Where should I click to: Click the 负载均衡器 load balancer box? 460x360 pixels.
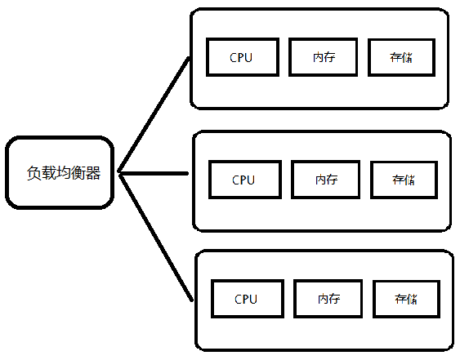(60, 173)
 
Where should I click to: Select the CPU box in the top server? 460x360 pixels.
(243, 57)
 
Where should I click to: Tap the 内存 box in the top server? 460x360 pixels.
(323, 57)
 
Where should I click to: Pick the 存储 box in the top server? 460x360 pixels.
(401, 57)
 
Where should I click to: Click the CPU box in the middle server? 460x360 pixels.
(245, 180)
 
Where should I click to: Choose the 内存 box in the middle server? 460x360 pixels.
(325, 180)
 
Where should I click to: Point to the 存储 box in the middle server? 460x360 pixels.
(404, 180)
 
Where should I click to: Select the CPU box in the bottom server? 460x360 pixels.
(248, 299)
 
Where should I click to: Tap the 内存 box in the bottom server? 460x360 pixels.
(328, 299)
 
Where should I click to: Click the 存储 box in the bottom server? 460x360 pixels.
(406, 299)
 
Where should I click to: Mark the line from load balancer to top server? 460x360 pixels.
(154, 114)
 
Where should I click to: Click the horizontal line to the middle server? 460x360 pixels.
(154, 174)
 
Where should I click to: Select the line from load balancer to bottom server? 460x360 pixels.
(155, 237)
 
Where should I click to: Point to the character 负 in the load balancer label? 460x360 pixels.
(33, 173)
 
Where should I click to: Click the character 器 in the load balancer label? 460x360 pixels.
(93, 173)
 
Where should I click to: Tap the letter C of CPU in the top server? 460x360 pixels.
(233, 57)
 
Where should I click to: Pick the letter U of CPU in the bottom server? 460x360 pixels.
(253, 299)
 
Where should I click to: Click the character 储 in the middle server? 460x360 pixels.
(409, 180)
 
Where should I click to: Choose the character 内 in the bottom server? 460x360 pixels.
(323, 299)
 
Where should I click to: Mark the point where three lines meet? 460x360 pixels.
(118, 173)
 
